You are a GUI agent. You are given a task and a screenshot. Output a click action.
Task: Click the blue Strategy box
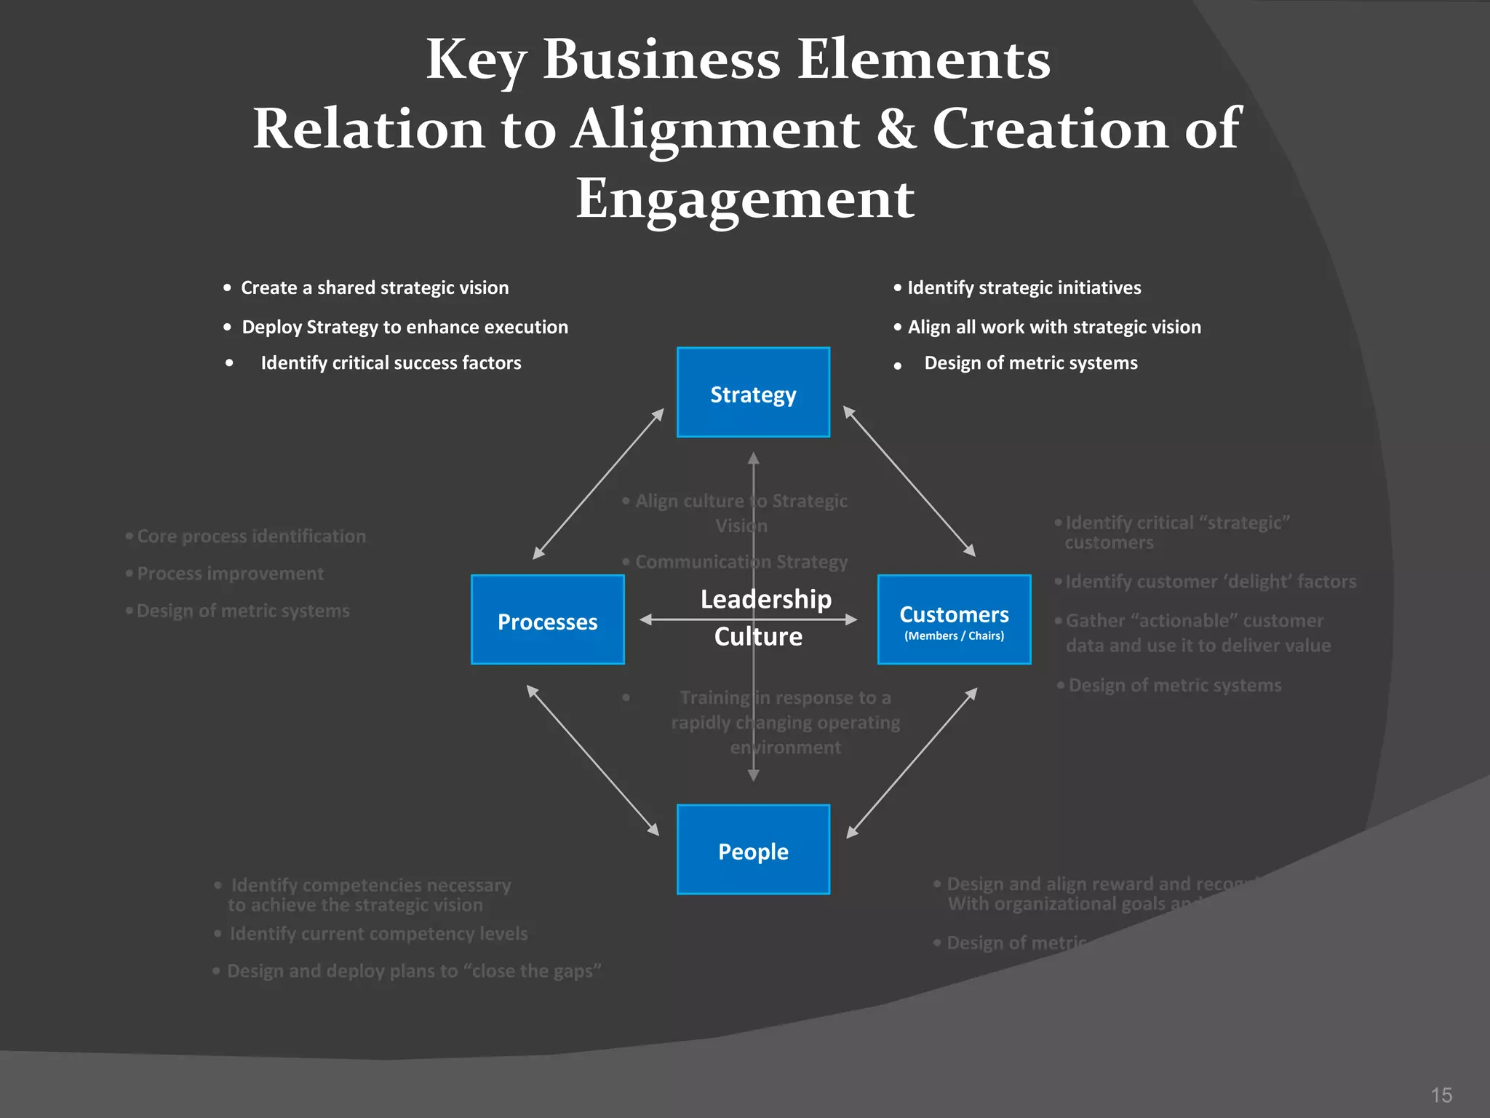753,392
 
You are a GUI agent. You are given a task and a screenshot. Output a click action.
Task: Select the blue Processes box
547,619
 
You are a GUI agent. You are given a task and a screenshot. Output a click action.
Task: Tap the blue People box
753,849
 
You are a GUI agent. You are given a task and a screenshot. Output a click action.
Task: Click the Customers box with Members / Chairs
954,619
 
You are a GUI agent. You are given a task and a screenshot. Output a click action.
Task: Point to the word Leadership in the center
765,599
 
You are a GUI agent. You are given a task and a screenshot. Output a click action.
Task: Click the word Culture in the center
758,637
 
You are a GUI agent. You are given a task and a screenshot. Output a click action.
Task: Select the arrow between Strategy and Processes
598,484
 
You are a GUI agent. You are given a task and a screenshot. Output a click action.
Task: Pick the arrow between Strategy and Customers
909,482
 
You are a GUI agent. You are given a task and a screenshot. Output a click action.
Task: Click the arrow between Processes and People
592,760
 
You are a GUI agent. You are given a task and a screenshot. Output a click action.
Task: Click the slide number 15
1441,1095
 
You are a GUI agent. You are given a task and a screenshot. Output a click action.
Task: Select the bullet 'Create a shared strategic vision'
375,288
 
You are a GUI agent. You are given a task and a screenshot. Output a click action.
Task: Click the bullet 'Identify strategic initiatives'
1024,288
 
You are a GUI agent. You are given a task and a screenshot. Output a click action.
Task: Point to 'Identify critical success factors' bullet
391,363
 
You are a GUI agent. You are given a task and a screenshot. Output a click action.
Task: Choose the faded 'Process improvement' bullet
230,574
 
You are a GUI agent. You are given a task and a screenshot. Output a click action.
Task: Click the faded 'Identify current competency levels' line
378,934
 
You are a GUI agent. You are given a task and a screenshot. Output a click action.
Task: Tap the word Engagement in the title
745,198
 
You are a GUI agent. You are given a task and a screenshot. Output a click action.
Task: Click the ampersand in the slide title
896,128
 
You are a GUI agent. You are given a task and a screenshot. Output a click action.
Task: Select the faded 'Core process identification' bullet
251,536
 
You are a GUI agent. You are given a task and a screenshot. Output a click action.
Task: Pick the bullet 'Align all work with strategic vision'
1053,328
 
